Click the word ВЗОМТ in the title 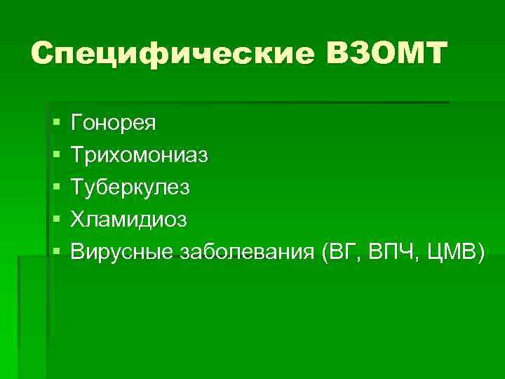point(386,53)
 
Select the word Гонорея point(114,124)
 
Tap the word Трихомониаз point(140,155)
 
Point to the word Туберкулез point(130,187)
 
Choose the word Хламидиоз point(129,219)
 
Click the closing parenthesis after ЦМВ point(480,252)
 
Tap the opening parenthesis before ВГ point(324,252)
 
